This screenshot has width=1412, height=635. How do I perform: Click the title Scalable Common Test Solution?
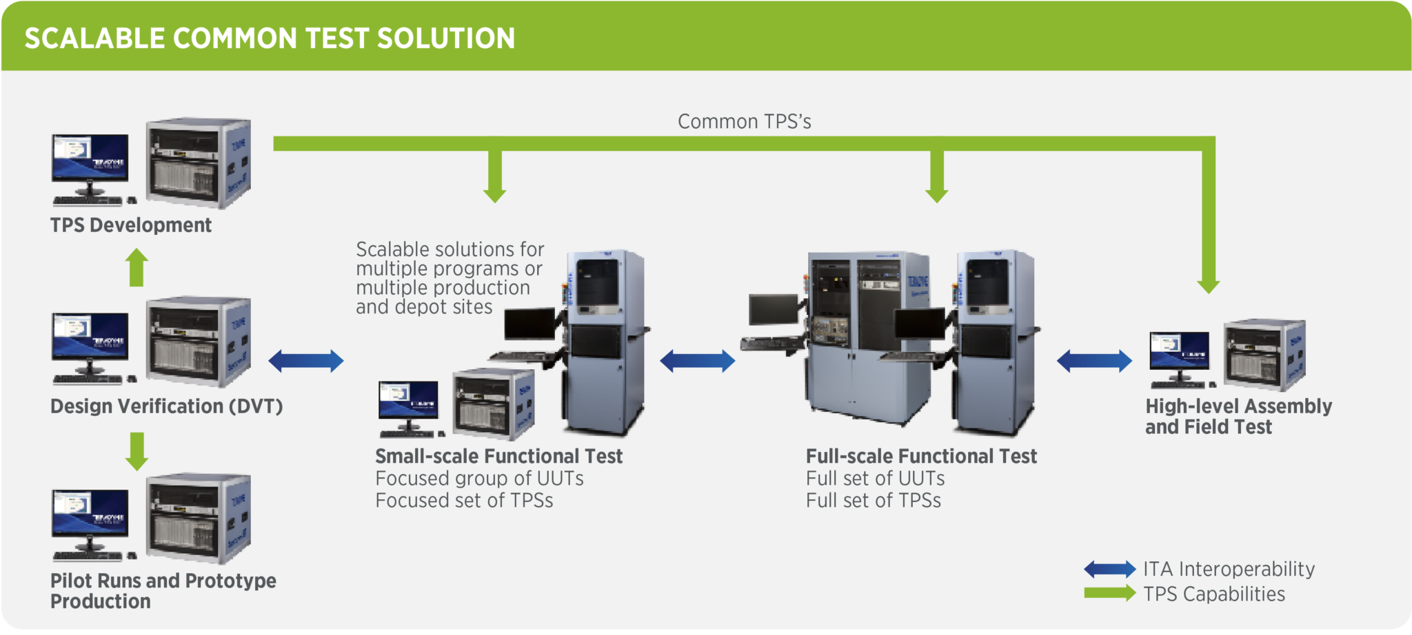pos(270,38)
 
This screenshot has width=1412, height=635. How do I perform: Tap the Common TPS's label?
pos(744,122)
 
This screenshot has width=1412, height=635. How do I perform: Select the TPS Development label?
pos(130,225)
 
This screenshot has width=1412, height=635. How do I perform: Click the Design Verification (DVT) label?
pos(166,406)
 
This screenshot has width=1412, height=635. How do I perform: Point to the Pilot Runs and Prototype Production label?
pos(163,590)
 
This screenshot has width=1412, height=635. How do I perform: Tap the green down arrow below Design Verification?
pos(137,452)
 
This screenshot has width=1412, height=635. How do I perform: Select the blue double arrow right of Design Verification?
pos(305,360)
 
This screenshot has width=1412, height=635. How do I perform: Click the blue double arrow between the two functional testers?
pos(697,360)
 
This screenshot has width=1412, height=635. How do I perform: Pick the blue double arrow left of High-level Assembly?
pos(1094,360)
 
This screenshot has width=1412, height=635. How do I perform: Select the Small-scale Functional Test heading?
pos(498,456)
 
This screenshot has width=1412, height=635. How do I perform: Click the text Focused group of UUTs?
pos(479,479)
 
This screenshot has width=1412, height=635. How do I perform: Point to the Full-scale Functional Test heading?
pos(921,456)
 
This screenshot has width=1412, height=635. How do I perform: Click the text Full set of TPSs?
pos(873,501)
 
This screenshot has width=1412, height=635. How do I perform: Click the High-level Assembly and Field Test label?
pos(1238,416)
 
